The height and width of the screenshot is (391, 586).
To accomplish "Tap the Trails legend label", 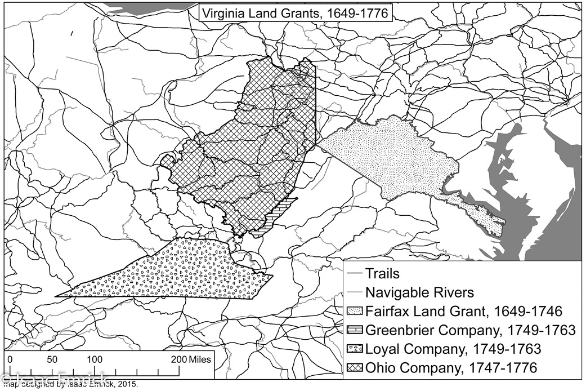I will pos(382,274).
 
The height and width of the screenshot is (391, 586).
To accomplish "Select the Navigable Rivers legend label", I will pos(419,293).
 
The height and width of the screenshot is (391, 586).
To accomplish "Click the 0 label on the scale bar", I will pos(11,359).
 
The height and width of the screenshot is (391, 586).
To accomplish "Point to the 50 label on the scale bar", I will pos(52,359).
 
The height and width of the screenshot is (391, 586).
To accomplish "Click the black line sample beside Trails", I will pos(355,274).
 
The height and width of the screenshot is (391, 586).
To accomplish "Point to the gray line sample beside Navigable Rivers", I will pos(355,293).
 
